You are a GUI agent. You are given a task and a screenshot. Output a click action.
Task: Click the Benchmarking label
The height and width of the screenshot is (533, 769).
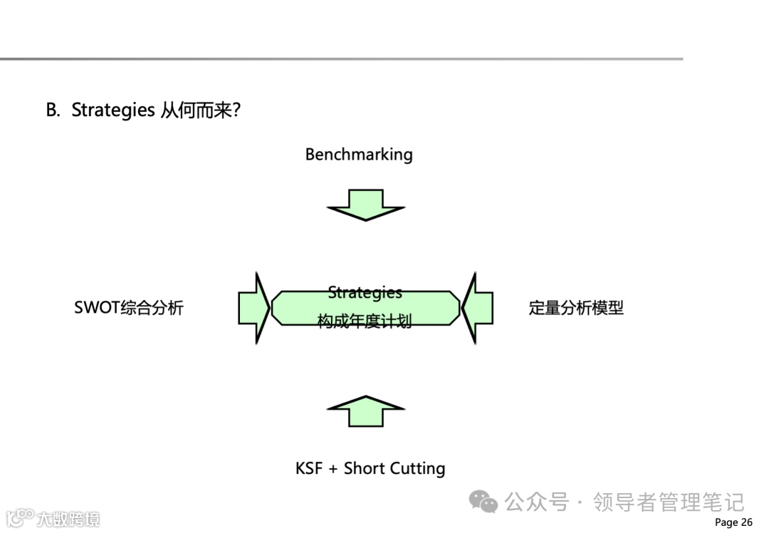tap(358, 154)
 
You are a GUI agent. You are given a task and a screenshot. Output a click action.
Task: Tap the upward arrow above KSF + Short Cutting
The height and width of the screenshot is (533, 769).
tap(365, 411)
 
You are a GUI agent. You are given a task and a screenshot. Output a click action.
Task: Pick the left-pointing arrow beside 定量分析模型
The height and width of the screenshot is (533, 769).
tap(477, 308)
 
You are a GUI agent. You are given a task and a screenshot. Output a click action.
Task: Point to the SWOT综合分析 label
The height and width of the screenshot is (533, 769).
tap(129, 308)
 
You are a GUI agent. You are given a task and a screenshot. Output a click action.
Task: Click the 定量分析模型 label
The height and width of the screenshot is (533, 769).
tap(576, 308)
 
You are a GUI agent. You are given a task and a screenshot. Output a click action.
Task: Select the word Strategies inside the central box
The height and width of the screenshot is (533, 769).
tap(365, 292)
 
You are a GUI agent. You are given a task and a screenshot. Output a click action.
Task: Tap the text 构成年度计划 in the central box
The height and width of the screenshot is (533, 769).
tap(365, 321)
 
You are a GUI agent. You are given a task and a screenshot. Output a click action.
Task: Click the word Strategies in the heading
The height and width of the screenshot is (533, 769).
tap(113, 110)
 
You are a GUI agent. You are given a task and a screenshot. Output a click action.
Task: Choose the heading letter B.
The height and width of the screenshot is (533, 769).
tap(52, 110)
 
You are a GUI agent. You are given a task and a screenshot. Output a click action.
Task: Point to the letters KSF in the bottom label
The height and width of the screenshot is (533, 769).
tap(309, 468)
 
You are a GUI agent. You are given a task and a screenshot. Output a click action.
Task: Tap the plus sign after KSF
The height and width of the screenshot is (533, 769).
tap(333, 469)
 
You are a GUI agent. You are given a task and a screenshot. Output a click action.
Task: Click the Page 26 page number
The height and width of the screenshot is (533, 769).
tap(733, 522)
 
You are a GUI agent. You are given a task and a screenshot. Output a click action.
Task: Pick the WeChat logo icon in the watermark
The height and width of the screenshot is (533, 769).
tap(483, 502)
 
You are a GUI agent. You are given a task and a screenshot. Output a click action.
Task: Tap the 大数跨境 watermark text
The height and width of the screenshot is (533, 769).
tap(68, 519)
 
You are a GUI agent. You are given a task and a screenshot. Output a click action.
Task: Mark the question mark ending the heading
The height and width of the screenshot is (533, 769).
tap(236, 110)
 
